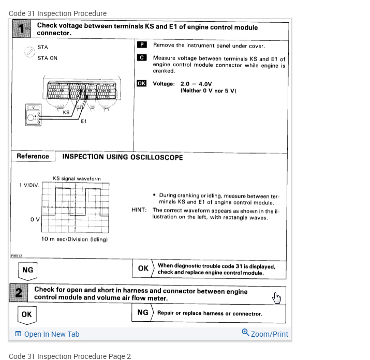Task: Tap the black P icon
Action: (142, 45)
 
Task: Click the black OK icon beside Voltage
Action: (142, 83)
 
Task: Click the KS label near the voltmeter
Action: (66, 112)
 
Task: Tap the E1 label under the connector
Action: (84, 121)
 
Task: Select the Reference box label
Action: (33, 156)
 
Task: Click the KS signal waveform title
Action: (77, 178)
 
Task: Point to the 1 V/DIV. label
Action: (29, 185)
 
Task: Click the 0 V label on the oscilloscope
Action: (35, 219)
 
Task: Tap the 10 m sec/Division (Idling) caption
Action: (75, 239)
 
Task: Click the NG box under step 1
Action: (27, 269)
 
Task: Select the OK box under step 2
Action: (26, 314)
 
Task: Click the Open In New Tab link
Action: (47, 334)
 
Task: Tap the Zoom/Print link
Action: (265, 334)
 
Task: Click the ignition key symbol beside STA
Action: (29, 52)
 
